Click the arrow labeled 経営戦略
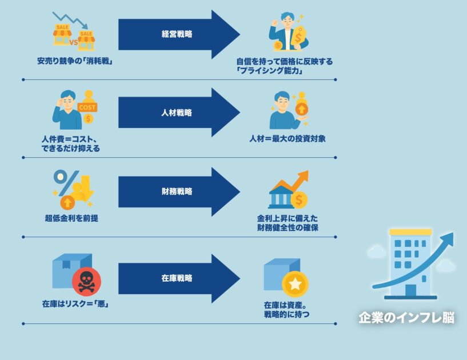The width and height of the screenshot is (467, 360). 177,34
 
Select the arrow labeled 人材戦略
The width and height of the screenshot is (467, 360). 177,113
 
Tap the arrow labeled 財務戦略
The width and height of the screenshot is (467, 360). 177,191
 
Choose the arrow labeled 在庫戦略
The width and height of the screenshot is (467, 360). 177,278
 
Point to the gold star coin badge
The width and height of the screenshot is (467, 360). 295,283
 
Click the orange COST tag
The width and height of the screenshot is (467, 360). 88,107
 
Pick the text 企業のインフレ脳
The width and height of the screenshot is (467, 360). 406,318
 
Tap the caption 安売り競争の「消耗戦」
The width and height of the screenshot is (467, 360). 74,61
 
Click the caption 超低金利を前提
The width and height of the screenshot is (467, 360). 71,218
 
